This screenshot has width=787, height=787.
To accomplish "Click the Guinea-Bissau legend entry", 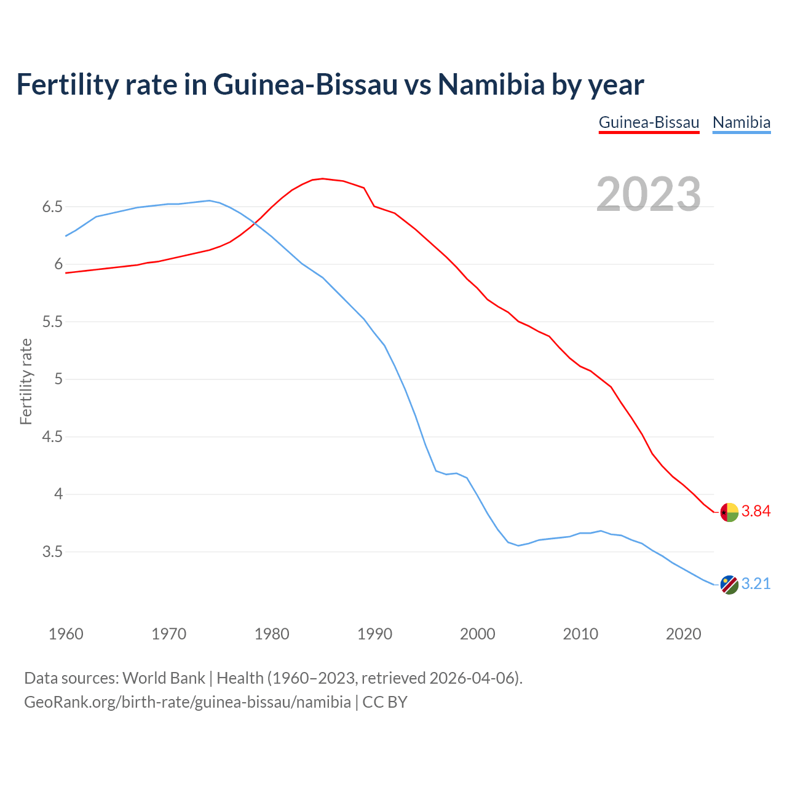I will [x=649, y=122].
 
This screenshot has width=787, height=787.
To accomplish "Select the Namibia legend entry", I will [x=741, y=122].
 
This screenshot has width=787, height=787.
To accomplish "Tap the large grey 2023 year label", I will [x=649, y=194].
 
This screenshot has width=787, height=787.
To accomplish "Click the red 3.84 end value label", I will [x=756, y=512].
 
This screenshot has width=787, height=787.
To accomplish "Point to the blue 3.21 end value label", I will [x=756, y=583].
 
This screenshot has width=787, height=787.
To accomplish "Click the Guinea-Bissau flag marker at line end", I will [x=729, y=512].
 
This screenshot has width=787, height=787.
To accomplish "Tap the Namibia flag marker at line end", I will [x=729, y=585].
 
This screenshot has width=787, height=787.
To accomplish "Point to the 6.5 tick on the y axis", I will [x=53, y=207].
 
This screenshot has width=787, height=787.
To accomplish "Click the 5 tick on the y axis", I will [x=59, y=379].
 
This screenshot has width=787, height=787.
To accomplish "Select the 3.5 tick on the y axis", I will [x=53, y=552].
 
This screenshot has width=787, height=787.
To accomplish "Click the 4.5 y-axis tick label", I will [x=53, y=437].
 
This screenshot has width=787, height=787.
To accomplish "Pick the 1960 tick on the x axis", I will [x=66, y=634].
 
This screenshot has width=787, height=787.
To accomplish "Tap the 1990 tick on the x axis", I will [x=374, y=634].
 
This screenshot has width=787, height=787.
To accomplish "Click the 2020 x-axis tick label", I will [x=683, y=634].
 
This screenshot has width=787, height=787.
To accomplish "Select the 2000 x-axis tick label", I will [x=477, y=634].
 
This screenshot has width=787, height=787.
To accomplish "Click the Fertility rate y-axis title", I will [x=26, y=381].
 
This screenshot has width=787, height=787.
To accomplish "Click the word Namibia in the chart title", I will [x=491, y=84].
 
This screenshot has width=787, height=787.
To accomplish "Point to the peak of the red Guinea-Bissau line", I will [x=323, y=179].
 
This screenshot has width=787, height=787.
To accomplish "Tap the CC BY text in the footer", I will [x=385, y=702].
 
